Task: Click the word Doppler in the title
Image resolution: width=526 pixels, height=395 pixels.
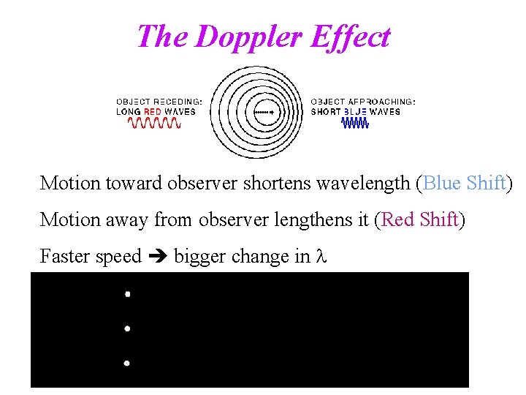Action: click(245, 37)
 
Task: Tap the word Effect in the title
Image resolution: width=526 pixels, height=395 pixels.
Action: click(349, 37)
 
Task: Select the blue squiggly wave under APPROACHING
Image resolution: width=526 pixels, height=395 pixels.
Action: click(357, 124)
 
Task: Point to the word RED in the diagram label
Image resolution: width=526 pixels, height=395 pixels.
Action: click(152, 112)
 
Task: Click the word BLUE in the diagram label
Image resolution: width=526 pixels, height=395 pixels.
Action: click(355, 112)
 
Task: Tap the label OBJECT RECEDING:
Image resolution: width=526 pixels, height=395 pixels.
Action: click(159, 102)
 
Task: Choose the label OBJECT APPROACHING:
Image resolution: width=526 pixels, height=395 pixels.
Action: click(363, 102)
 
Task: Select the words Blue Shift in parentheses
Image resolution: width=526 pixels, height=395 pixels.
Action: click(464, 183)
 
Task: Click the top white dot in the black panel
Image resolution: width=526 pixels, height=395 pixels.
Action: click(127, 294)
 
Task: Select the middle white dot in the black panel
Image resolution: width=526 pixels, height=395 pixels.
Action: click(127, 329)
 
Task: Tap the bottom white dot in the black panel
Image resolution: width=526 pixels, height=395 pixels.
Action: click(127, 363)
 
